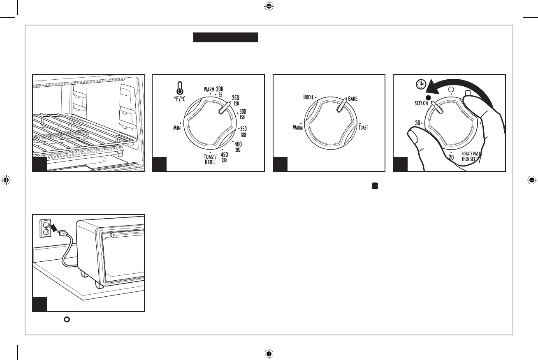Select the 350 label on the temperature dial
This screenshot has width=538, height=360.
coord(243,129)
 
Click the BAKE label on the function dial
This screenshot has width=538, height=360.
coord(353,99)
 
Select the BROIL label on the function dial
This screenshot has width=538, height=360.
coord(308,98)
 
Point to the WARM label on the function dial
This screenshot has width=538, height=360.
coord(298,128)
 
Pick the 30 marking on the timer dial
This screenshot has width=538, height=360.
coord(417,122)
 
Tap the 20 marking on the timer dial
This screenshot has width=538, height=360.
coord(451,157)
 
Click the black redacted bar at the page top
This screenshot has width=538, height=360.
coord(226,38)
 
